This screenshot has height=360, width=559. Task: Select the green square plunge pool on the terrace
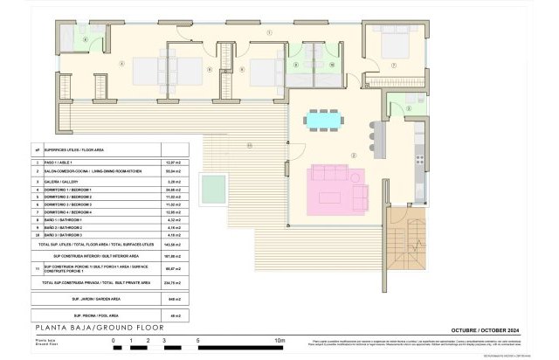pos(211,185)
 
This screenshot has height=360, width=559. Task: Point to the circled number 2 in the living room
pos(353,155)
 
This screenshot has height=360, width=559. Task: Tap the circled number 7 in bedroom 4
pos(394,66)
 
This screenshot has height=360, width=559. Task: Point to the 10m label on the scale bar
pos(280,339)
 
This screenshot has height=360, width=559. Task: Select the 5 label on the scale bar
pos(198,339)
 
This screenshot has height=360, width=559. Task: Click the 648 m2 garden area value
pos(173,298)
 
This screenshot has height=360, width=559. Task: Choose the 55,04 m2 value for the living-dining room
pos(173,171)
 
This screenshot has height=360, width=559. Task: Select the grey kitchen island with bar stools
pos(378,135)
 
